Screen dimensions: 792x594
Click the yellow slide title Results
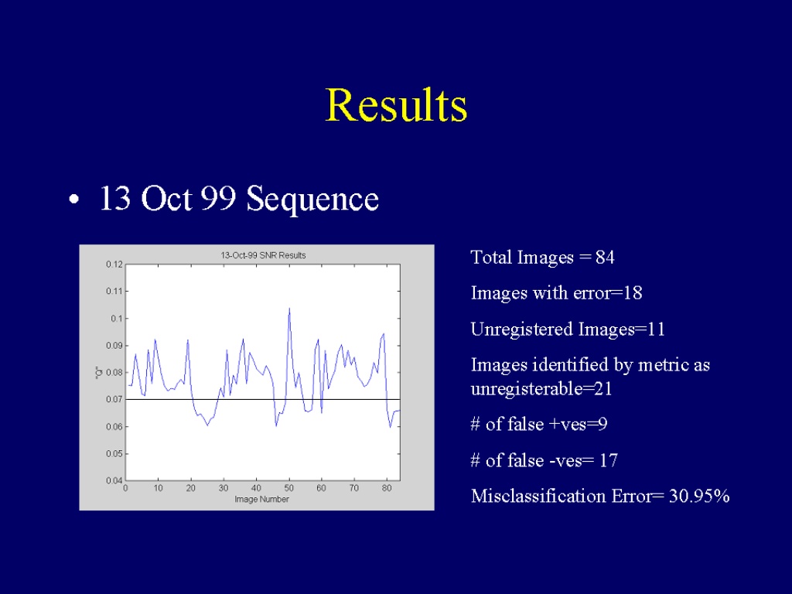click(x=397, y=105)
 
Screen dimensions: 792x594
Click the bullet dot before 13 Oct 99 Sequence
click(x=74, y=200)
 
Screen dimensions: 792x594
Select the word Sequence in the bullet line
click(x=312, y=200)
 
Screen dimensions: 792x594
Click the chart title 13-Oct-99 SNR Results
click(x=263, y=255)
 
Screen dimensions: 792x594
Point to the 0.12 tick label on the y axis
click(x=114, y=265)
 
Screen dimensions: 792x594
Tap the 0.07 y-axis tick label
click(x=114, y=400)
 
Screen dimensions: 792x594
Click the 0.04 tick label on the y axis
click(x=114, y=480)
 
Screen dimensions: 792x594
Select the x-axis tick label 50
click(x=289, y=489)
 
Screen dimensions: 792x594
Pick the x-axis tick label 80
click(x=387, y=489)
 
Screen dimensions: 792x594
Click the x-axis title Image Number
click(x=261, y=500)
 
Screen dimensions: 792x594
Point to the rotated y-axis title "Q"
click(x=99, y=372)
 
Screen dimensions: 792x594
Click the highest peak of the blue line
click(x=289, y=308)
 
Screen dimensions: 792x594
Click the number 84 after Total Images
click(x=605, y=258)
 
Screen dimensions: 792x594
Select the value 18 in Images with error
click(x=633, y=293)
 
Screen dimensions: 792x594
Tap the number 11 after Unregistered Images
click(x=656, y=329)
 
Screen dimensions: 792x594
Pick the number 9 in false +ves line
click(x=602, y=425)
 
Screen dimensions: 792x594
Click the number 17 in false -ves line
click(x=609, y=461)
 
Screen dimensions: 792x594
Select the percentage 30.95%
click(x=699, y=496)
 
